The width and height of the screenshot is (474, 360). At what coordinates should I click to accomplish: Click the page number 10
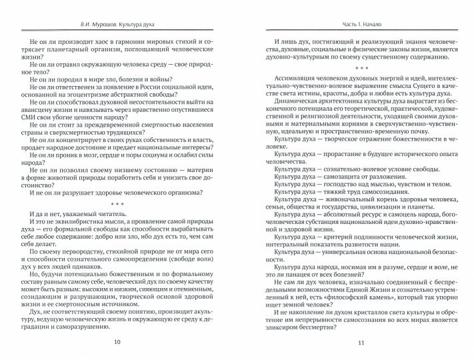point(117,342)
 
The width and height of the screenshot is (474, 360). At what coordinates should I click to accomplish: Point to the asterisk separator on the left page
point(117,203)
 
